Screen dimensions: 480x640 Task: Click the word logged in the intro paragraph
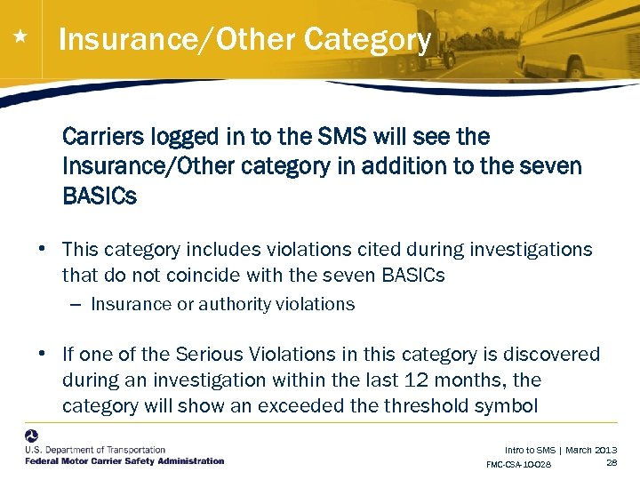point(173,138)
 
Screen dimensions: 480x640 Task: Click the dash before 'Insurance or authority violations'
point(75,305)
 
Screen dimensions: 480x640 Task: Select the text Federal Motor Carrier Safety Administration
point(124,460)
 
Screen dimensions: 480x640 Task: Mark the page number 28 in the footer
point(611,463)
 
